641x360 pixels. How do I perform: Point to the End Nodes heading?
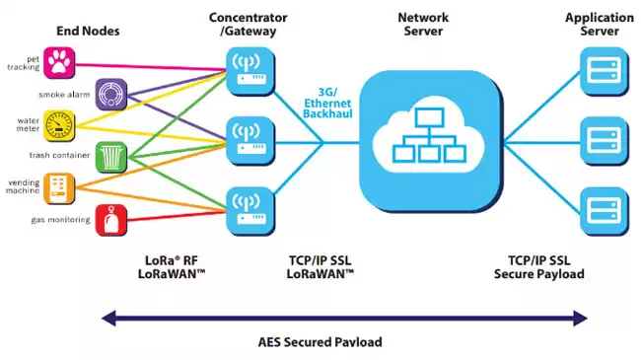tap(87, 31)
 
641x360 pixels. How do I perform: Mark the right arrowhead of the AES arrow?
tap(581, 318)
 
